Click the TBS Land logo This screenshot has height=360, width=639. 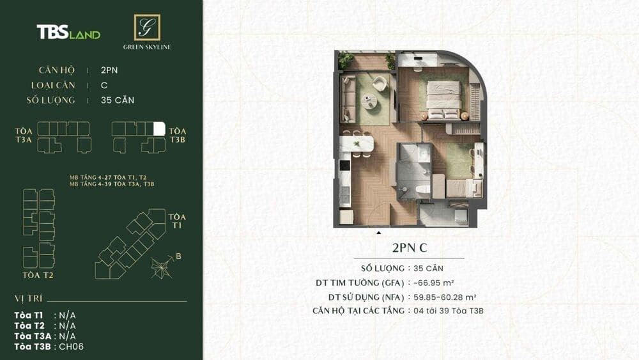[68, 33]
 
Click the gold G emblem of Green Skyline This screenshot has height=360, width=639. [147, 27]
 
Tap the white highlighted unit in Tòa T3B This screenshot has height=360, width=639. [160, 128]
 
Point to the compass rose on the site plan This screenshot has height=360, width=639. [162, 267]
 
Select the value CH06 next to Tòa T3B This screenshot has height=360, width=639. [72, 347]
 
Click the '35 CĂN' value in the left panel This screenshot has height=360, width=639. [118, 100]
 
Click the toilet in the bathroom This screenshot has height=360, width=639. [422, 190]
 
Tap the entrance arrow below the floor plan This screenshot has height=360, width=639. [379, 233]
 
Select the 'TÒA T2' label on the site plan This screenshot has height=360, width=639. [37, 275]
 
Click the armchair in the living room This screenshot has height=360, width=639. [380, 82]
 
